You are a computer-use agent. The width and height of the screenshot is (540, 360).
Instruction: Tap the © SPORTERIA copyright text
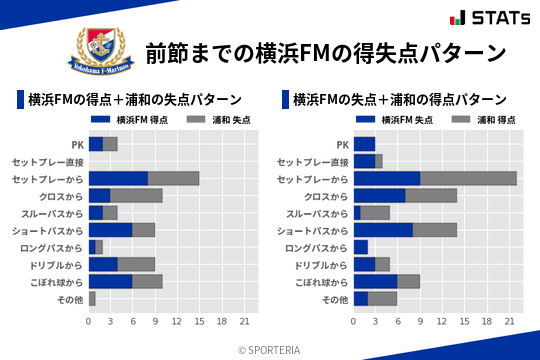tap(269, 350)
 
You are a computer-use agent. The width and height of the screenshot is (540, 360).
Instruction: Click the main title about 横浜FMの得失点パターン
tap(326, 52)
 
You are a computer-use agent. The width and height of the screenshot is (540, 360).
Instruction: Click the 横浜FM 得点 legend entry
tap(135, 120)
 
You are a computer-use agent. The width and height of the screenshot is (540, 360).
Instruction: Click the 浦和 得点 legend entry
tap(483, 120)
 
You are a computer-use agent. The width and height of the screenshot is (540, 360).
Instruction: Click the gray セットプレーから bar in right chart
tap(468, 178)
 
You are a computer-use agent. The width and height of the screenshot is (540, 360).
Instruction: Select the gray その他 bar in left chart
tap(92, 298)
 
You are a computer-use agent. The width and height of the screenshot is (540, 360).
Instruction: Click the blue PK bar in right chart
tap(364, 144)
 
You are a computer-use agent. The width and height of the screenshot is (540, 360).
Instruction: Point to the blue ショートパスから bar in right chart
tap(383, 230)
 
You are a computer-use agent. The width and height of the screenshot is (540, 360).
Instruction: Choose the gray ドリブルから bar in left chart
tap(136, 264)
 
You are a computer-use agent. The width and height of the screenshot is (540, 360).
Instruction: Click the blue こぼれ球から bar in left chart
tap(110, 281)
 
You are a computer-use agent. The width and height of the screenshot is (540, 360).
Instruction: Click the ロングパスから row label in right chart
tap(316, 247)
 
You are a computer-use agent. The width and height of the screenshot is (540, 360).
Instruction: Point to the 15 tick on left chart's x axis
tap(199, 321)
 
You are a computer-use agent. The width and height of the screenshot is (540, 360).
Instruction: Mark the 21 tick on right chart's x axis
tap(509, 321)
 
